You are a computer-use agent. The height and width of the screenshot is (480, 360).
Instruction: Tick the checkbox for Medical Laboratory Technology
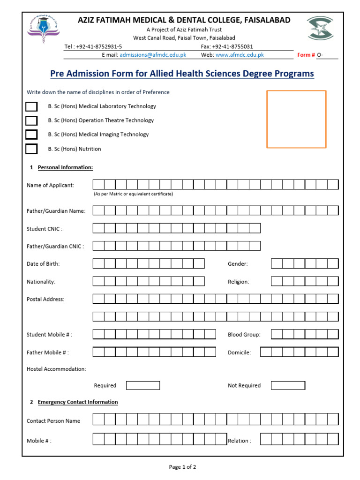point(31,106)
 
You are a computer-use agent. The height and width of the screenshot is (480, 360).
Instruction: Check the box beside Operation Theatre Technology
point(31,120)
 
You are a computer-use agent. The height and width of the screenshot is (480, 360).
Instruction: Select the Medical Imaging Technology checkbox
point(31,135)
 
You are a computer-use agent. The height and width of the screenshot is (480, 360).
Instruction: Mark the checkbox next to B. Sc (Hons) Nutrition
point(31,149)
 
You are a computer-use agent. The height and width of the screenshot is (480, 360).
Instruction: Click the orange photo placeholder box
point(296,119)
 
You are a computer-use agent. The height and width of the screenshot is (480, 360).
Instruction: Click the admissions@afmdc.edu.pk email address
point(153,55)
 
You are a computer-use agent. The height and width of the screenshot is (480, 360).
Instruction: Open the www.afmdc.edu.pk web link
point(240,55)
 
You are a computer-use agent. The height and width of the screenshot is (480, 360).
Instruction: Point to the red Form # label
point(306,55)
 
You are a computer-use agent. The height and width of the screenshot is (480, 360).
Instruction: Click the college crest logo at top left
point(43,29)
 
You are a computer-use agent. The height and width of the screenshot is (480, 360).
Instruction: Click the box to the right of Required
point(143,385)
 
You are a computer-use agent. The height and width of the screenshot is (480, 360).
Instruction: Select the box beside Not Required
point(288,385)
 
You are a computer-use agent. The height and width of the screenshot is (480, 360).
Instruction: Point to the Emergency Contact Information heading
point(78,402)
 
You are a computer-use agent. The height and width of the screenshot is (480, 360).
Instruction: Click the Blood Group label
point(244,335)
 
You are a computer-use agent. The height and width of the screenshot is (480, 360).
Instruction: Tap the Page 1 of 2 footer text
point(182,467)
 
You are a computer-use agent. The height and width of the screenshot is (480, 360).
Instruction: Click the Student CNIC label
point(45,229)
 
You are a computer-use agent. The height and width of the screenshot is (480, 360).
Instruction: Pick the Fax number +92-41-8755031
point(227,46)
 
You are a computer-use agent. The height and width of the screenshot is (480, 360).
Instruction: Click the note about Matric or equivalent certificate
point(133,194)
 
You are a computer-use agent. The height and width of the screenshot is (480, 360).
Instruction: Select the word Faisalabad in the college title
point(267,20)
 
